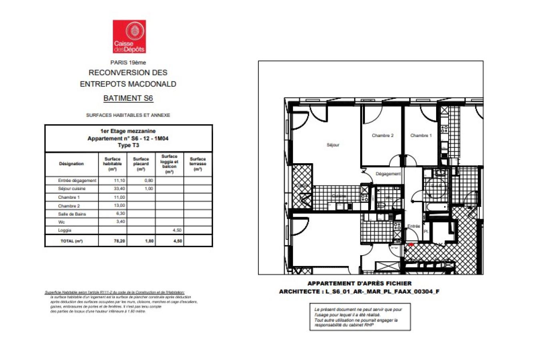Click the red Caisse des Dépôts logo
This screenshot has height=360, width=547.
[x=129, y=36]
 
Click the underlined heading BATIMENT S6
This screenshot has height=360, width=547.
[x=128, y=98]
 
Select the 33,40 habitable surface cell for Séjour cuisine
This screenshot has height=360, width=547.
[x=119, y=189]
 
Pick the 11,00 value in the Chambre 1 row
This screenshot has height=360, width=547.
[x=119, y=197]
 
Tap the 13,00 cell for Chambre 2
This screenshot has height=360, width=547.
[x=119, y=206]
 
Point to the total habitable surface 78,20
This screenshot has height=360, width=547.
[x=119, y=241]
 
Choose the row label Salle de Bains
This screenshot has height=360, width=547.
[x=72, y=214]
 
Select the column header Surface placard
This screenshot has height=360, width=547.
[x=141, y=164]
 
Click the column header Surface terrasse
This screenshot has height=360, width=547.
[x=198, y=164]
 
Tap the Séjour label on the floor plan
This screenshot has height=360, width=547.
[x=333, y=145]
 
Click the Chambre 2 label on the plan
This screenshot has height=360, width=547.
[x=383, y=136]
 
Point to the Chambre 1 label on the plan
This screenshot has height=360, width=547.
[x=421, y=136]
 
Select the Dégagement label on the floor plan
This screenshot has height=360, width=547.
[x=388, y=174]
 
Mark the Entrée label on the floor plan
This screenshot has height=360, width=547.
[x=414, y=226]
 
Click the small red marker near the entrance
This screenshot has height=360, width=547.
[x=411, y=244]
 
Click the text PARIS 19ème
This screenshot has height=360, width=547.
[x=128, y=62]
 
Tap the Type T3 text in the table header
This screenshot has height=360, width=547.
[x=128, y=145]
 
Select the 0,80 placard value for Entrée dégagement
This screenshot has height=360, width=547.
[x=148, y=181]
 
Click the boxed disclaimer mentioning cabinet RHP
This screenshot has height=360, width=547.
[x=360, y=317]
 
